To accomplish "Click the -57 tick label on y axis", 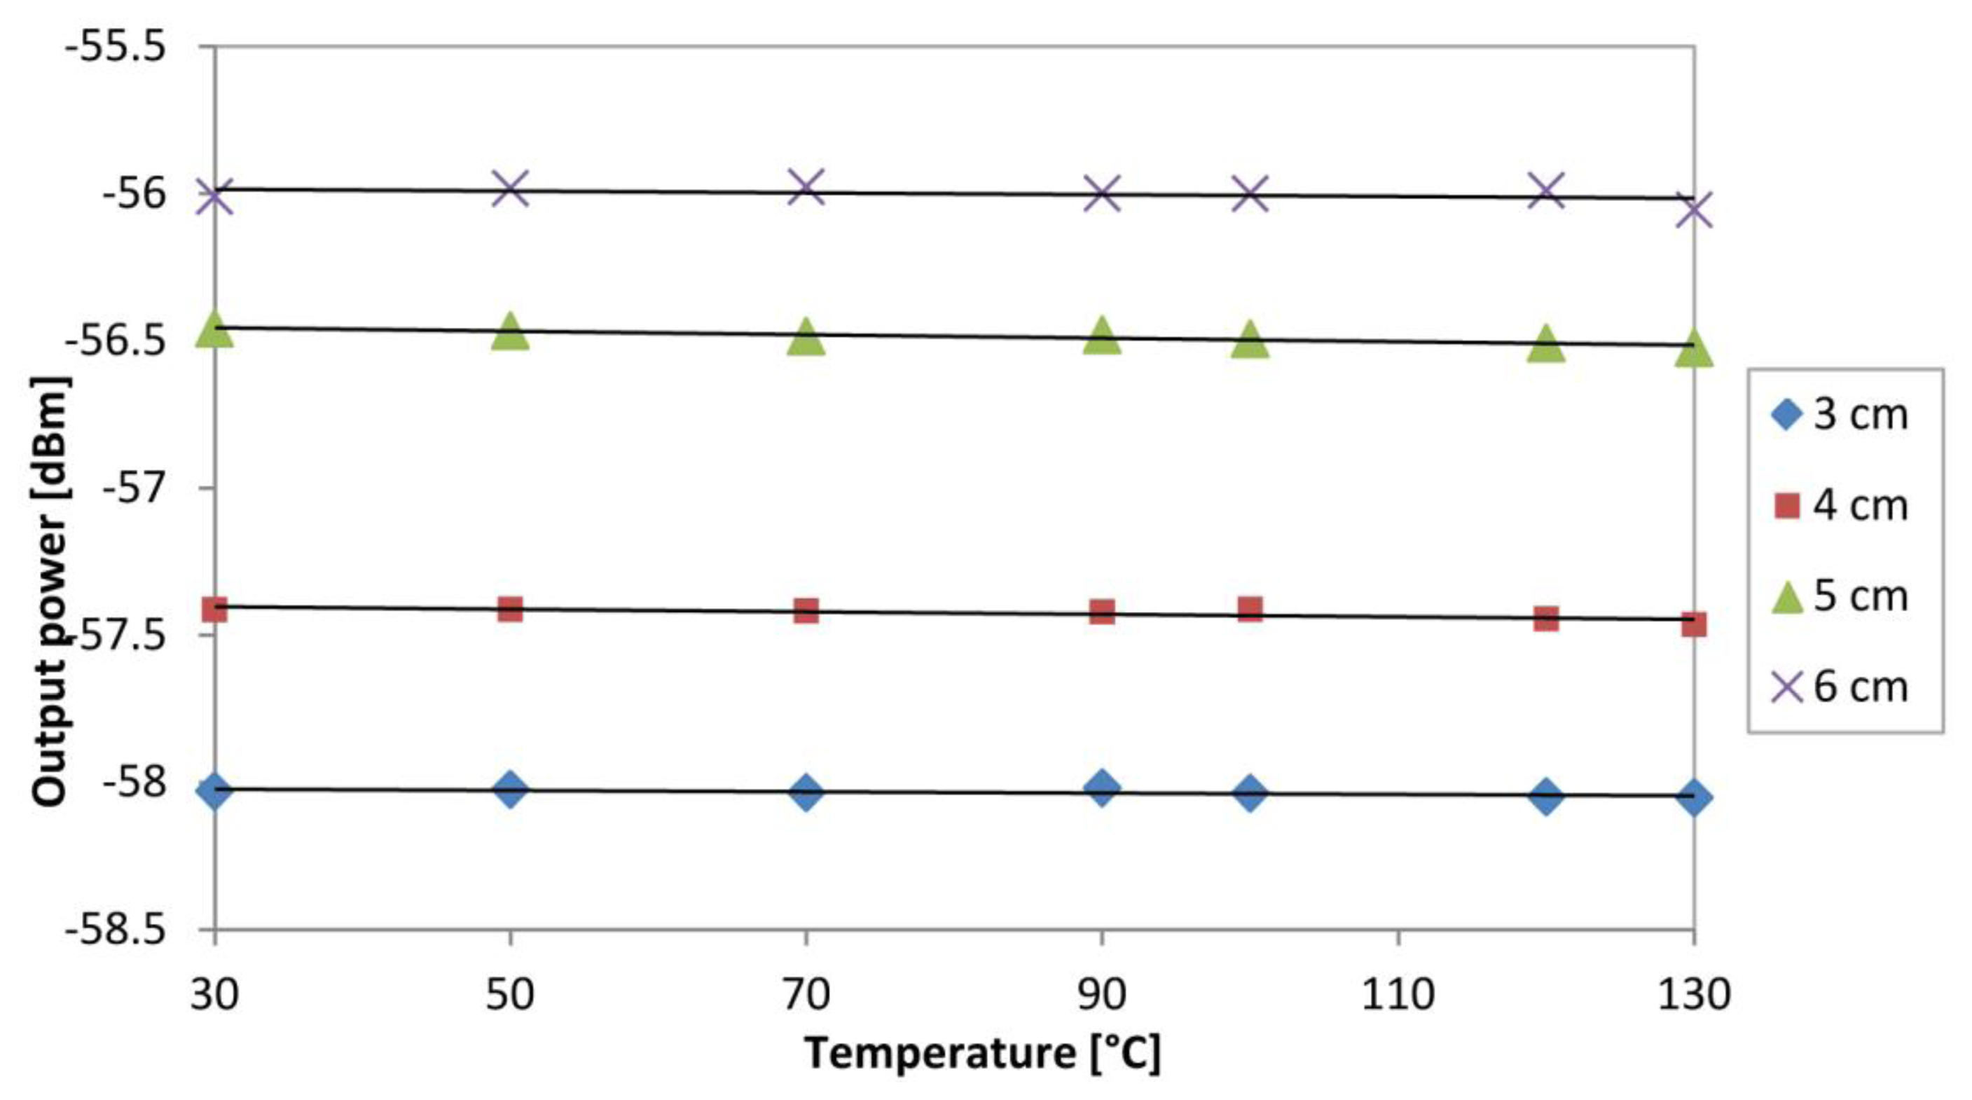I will (x=133, y=488).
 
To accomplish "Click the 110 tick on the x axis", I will (x=1397, y=996).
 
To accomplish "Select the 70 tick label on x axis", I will (x=806, y=996).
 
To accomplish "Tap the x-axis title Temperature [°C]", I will (x=983, y=1054).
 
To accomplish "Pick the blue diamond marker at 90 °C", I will (x=1102, y=788).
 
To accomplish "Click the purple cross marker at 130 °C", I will (x=1693, y=209).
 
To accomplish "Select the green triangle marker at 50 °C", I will (x=510, y=333).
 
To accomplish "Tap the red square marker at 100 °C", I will (x=1249, y=610).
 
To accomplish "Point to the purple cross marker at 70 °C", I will (x=806, y=188).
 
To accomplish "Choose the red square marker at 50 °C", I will (x=510, y=610).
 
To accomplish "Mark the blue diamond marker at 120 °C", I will (x=1545, y=797).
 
